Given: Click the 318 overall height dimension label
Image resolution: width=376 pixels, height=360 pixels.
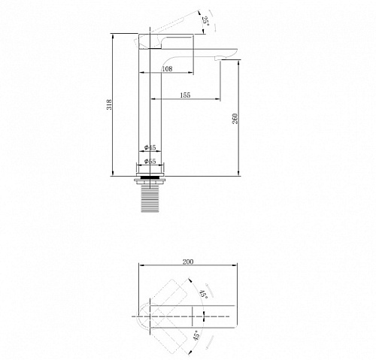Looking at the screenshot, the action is pyautogui.click(x=109, y=104).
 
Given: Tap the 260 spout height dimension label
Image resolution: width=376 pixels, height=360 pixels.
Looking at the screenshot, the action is pyautogui.click(x=235, y=119).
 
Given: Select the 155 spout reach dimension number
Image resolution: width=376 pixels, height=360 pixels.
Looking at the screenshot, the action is pyautogui.click(x=185, y=95).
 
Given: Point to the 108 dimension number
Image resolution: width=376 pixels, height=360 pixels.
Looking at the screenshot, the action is pyautogui.click(x=167, y=68).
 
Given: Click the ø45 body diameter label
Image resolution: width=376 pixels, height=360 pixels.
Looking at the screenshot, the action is pyautogui.click(x=150, y=147).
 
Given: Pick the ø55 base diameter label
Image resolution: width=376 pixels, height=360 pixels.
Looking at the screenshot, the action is pyautogui.click(x=150, y=161).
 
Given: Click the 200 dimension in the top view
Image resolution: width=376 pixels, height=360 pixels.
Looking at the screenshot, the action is pyautogui.click(x=188, y=262).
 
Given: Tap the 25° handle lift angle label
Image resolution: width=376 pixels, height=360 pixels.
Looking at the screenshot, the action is pyautogui.click(x=205, y=20).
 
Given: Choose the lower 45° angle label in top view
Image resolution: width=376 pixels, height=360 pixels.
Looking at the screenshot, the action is pyautogui.click(x=197, y=335).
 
